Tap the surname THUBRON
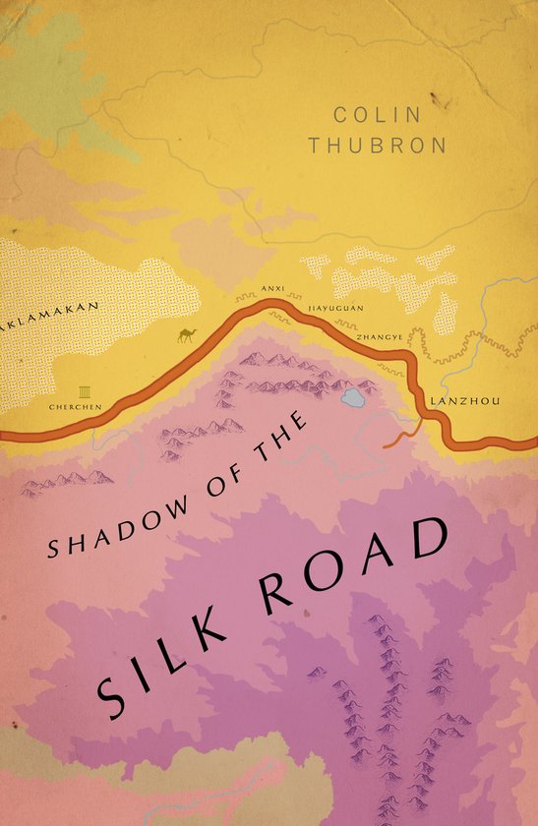(x=378, y=146)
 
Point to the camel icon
(x=185, y=336)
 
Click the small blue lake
(x=352, y=398)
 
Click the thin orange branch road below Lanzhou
(x=400, y=438)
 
